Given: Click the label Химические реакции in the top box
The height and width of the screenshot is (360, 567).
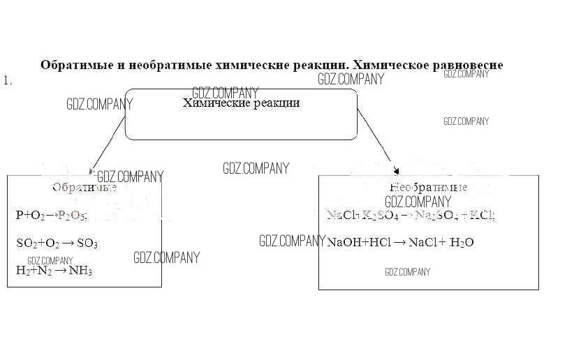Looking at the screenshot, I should pyautogui.click(x=242, y=103).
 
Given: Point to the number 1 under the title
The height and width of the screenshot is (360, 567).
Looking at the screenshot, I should pyautogui.click(x=7, y=81).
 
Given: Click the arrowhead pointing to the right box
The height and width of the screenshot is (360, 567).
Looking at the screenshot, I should pyautogui.click(x=397, y=170).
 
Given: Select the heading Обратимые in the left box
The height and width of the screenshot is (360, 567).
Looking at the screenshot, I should pyautogui.click(x=84, y=188).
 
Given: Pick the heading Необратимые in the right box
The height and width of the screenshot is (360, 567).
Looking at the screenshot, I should pyautogui.click(x=428, y=188).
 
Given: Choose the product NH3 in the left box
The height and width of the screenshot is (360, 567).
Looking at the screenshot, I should pyautogui.click(x=80, y=271).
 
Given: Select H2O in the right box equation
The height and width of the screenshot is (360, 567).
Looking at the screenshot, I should pyautogui.click(x=462, y=243).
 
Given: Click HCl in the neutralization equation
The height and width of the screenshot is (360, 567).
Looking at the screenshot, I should pyautogui.click(x=378, y=243).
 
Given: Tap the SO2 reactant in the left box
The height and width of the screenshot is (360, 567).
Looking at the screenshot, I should pyautogui.click(x=26, y=243).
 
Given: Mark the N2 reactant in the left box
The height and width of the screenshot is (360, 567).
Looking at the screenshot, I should pyautogui.click(x=45, y=271).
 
